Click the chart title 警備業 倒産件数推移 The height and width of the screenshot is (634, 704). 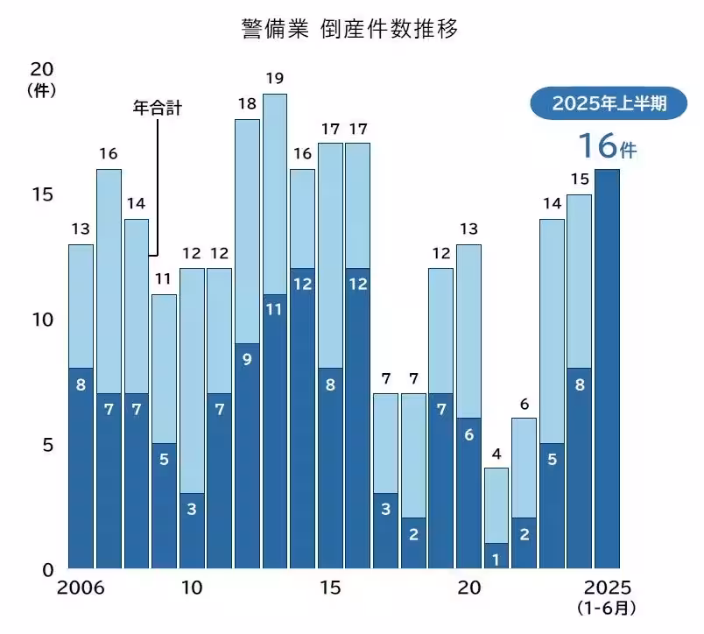tap(351, 29)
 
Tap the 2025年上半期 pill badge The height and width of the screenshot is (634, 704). tap(609, 103)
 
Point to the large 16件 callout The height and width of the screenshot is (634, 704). tap(606, 145)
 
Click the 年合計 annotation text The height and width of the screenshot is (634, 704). tap(157, 109)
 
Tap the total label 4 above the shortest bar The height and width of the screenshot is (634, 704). tap(496, 454)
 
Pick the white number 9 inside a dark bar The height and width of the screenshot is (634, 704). tap(247, 358)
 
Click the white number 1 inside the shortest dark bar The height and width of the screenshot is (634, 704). tap(496, 558)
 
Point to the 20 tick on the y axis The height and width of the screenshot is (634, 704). tap(41, 70)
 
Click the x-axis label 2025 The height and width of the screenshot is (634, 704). tap(607, 588)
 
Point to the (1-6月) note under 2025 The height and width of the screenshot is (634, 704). tap(607, 607)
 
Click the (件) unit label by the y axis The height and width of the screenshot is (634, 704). tap(41, 89)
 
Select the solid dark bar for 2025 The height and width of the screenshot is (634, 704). tap(607, 368)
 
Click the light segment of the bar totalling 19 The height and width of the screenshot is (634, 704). tap(275, 193)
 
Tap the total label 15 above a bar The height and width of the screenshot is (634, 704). tap(579, 180)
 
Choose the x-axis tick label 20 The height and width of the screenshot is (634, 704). tap(468, 588)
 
